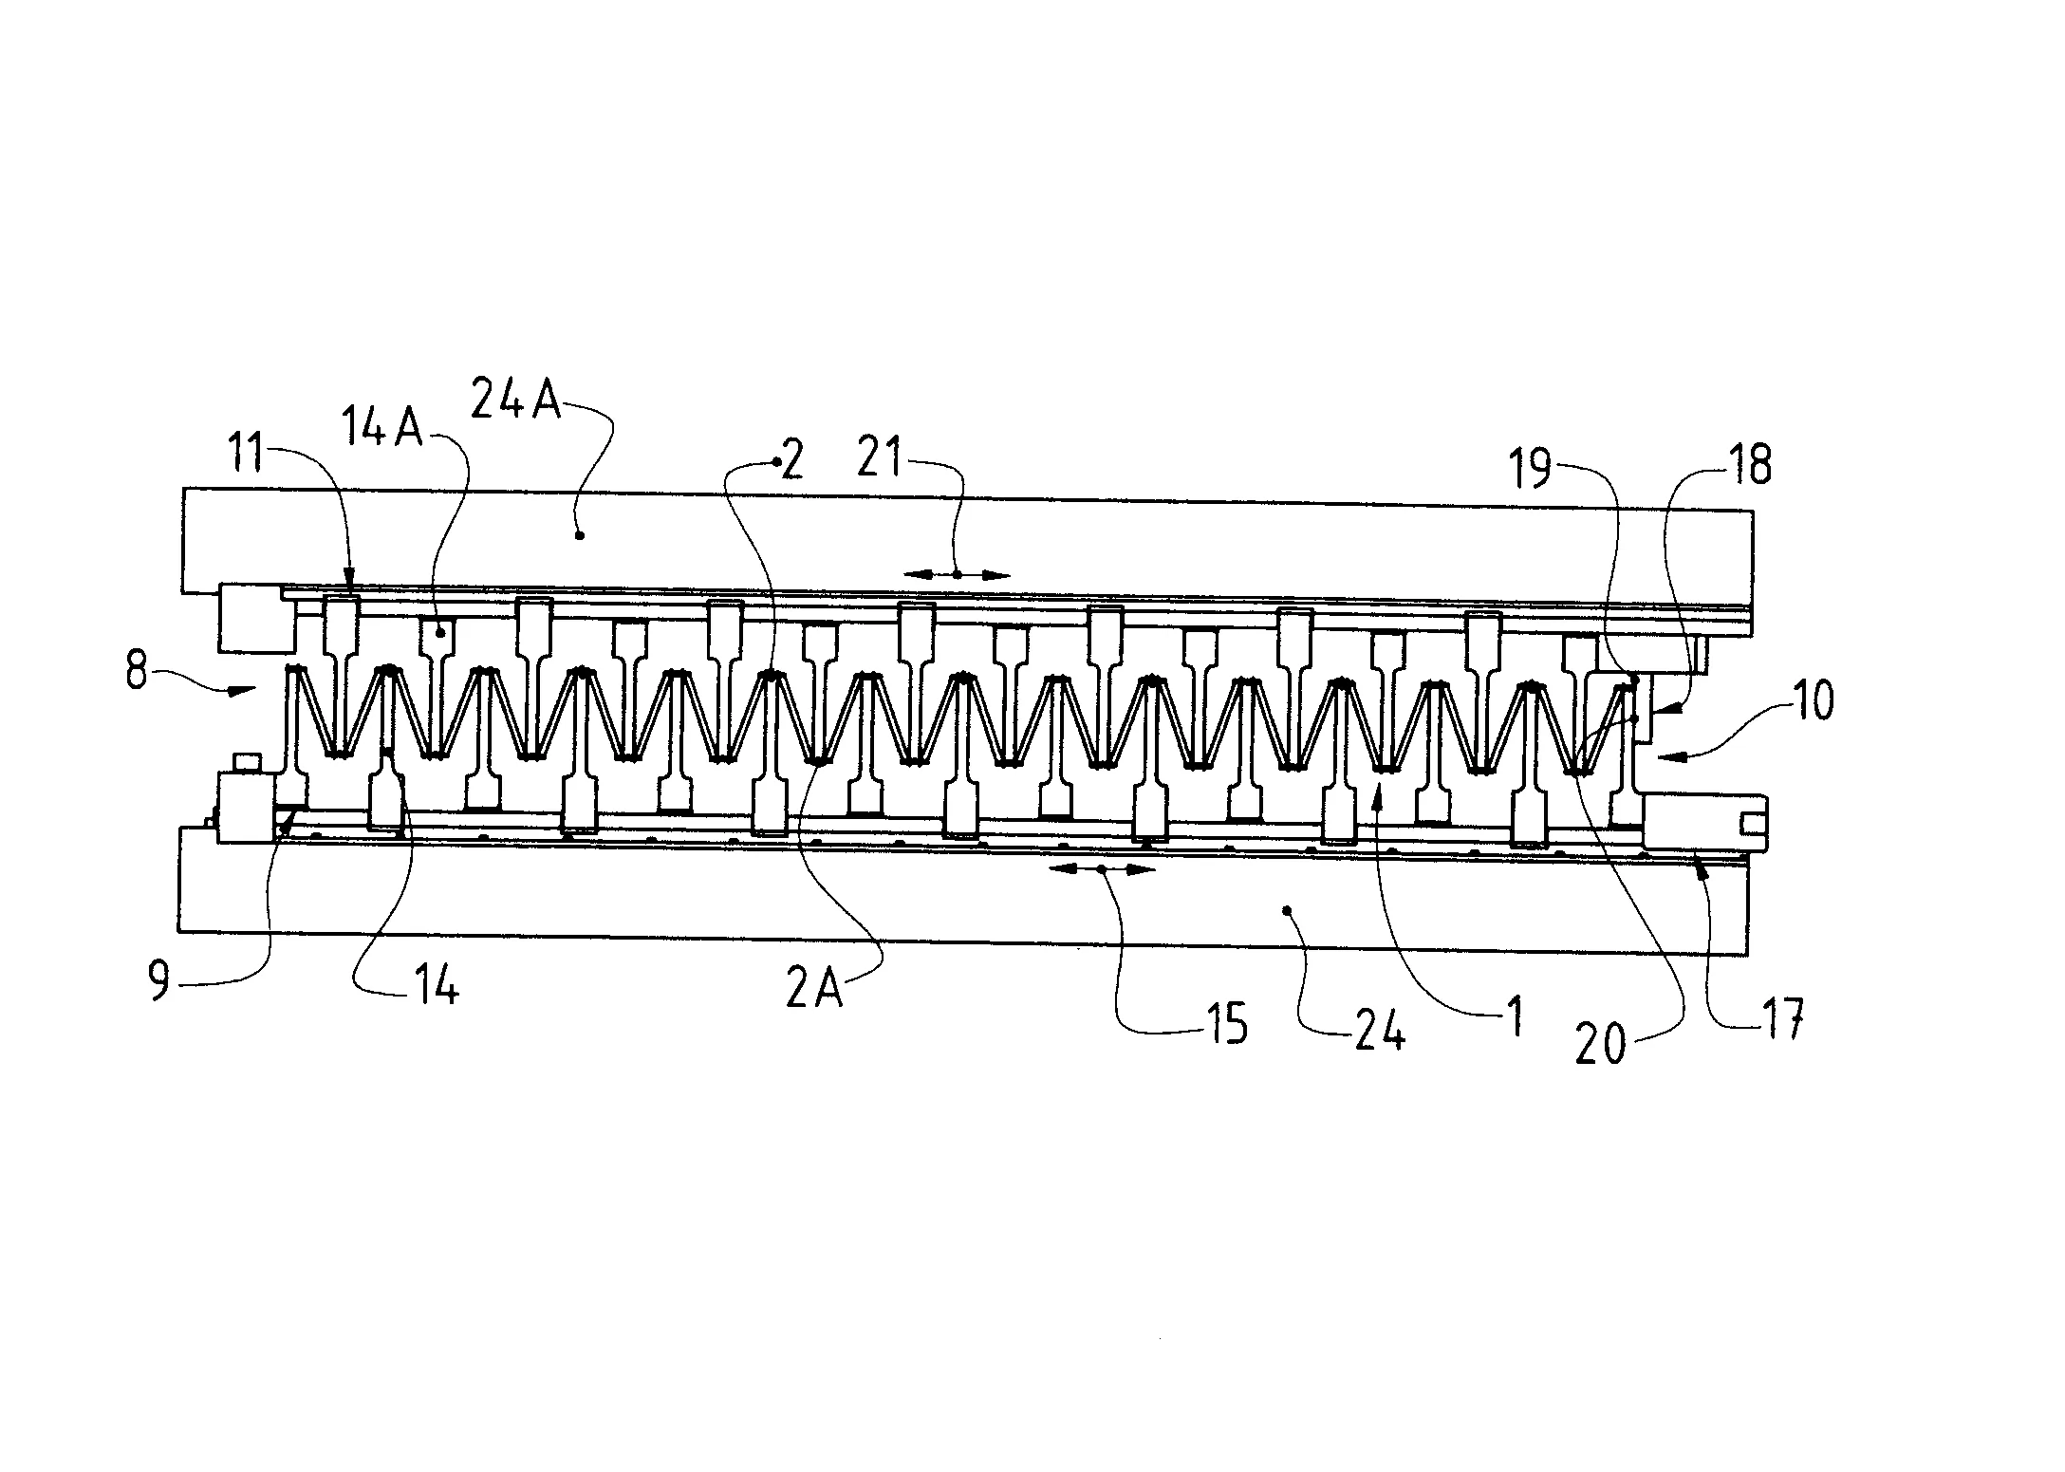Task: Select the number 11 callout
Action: pos(248,453)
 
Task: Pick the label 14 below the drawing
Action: pos(437,988)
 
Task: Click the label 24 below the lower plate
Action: pos(1380,1031)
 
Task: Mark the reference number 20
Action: pos(1600,1046)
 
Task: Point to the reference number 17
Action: pos(1780,1022)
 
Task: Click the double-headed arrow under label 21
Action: pos(958,574)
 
